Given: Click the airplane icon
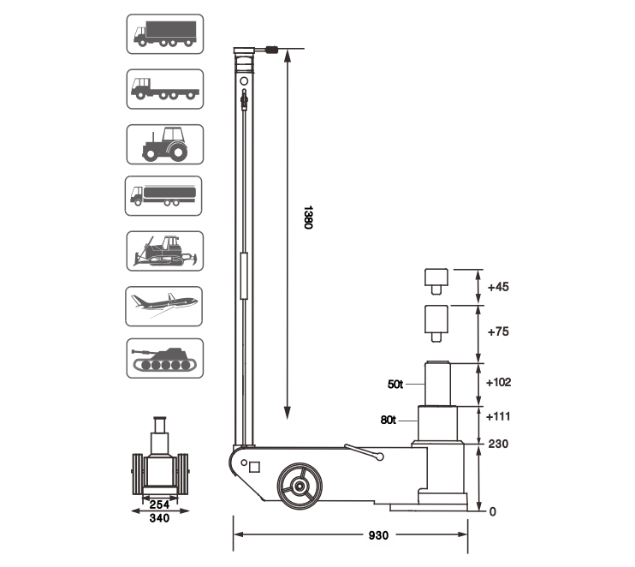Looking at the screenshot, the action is [x=164, y=307].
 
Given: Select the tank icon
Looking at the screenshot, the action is [x=165, y=359].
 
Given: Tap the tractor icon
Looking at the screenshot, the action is [x=165, y=144].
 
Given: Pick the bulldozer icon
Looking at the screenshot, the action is [x=165, y=251].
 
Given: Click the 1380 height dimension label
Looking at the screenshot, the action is [x=308, y=218].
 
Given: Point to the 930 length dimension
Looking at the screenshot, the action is [x=378, y=535].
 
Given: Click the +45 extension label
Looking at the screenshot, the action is [x=498, y=287].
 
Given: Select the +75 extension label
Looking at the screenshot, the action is [x=498, y=331].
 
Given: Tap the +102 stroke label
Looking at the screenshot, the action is [x=499, y=382].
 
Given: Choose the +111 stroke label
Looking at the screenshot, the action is [x=498, y=416].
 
